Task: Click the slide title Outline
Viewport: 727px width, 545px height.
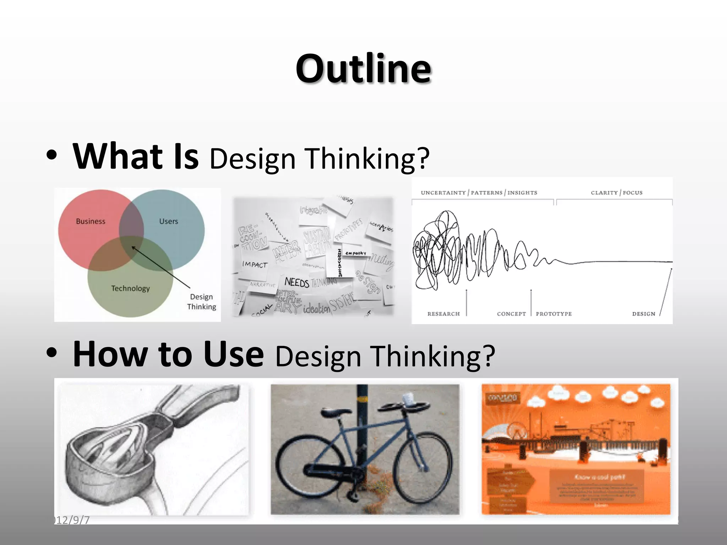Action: pyautogui.click(x=363, y=68)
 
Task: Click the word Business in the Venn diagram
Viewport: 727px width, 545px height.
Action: pyautogui.click(x=91, y=221)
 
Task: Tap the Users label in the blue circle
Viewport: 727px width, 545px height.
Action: pyautogui.click(x=168, y=221)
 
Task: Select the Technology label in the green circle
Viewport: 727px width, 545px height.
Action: pyautogui.click(x=130, y=288)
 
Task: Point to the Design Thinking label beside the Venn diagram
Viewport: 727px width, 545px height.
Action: pyautogui.click(x=201, y=302)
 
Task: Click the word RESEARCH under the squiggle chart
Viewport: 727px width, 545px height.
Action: pyautogui.click(x=443, y=314)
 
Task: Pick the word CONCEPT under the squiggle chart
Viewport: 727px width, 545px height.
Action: pyautogui.click(x=511, y=314)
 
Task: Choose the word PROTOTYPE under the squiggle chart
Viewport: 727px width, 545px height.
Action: pyautogui.click(x=554, y=314)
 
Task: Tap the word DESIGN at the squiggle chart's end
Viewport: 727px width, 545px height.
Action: pyautogui.click(x=643, y=314)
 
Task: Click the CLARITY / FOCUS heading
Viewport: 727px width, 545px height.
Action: pyautogui.click(x=616, y=193)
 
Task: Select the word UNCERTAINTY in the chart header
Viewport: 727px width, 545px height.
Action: pyautogui.click(x=443, y=193)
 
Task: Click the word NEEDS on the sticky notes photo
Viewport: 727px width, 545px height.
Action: pyautogui.click(x=297, y=282)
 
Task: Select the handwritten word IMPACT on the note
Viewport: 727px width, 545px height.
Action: pyautogui.click(x=255, y=264)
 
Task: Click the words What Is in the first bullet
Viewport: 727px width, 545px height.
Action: pyautogui.click(x=135, y=156)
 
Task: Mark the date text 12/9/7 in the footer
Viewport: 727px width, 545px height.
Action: pyautogui.click(x=72, y=520)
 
